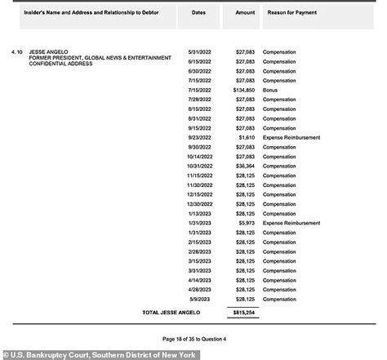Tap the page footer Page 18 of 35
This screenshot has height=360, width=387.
pos(193,338)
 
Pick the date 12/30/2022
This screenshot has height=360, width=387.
pos(199,203)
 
